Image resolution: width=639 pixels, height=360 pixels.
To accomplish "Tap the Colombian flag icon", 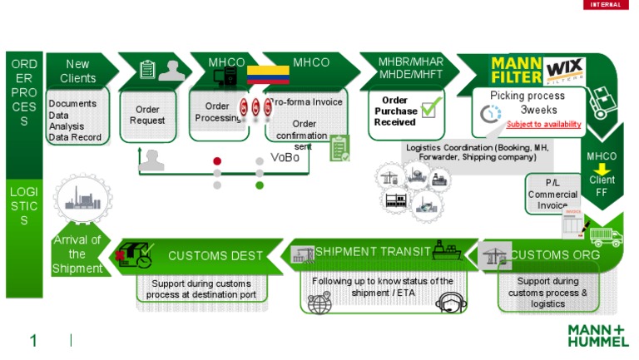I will tap(268, 75).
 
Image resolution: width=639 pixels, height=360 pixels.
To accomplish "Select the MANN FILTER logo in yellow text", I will tap(516, 70).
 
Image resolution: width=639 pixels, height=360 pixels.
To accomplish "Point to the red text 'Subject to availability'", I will tap(543, 125).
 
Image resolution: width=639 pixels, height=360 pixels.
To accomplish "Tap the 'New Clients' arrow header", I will tap(78, 71).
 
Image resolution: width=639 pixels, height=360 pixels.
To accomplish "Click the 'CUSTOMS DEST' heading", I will tap(215, 256).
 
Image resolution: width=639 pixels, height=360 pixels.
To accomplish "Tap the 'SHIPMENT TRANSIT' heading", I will tap(373, 251).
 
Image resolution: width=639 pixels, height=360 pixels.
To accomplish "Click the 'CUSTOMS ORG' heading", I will tap(555, 254).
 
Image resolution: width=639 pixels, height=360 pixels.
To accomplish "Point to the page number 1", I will tap(33, 341).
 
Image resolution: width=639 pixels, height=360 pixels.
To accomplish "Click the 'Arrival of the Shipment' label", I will tap(77, 254).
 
